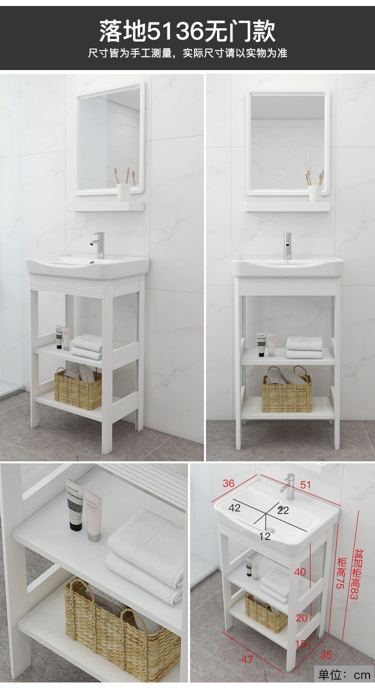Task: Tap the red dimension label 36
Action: pos(228,483)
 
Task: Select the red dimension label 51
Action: pos(305,484)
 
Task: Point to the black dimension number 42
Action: pos(234,508)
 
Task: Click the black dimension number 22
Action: pos(283,510)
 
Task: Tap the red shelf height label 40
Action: pos(300,572)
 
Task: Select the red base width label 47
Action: pos(247,659)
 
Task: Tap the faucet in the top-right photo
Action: pos(288,246)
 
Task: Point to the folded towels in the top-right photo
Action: pos(304,348)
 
